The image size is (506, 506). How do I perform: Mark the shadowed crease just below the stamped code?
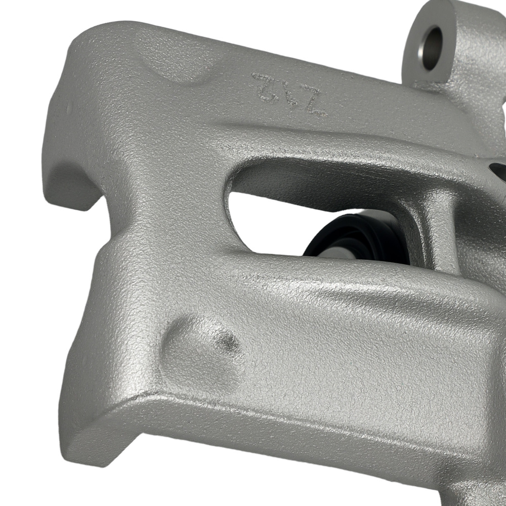[304, 124]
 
